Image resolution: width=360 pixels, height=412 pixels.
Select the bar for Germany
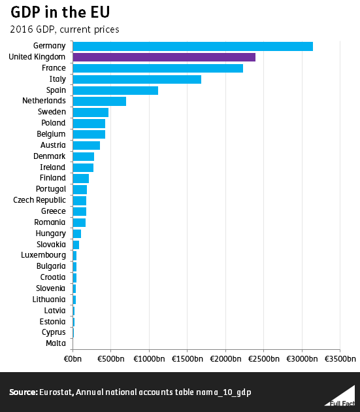pyautogui.click(x=193, y=46)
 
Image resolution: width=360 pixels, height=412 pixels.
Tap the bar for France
pyautogui.click(x=157, y=69)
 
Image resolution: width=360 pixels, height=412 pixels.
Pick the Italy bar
pyautogui.click(x=137, y=79)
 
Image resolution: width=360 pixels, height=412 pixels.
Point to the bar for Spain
pyautogui.click(x=115, y=90)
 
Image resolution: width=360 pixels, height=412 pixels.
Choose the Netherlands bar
pyautogui.click(x=99, y=101)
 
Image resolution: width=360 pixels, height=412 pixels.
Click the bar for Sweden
pyautogui.click(x=90, y=112)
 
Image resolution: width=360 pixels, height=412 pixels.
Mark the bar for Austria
pyautogui.click(x=86, y=145)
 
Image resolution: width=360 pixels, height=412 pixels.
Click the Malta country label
pyautogui.click(x=56, y=343)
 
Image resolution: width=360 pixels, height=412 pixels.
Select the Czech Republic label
pyautogui.click(x=40, y=200)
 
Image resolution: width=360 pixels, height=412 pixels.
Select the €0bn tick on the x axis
pyautogui.click(x=73, y=360)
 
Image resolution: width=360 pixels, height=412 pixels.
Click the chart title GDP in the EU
pyautogui.click(x=59, y=14)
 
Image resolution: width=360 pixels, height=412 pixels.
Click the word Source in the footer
pyautogui.click(x=23, y=392)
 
